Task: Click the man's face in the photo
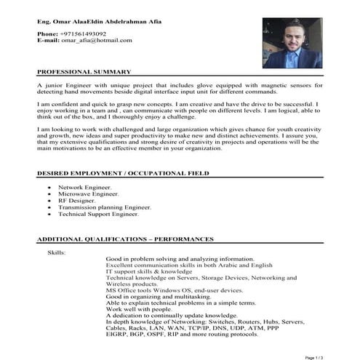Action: [x=293, y=37]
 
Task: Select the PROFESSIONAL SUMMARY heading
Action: [x=84, y=72]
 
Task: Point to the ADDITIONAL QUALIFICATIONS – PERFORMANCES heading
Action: [x=125, y=239]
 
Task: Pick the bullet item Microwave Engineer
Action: [x=89, y=195]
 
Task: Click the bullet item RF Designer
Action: [x=79, y=201]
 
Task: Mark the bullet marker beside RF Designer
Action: [x=49, y=202]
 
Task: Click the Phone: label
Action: [x=47, y=34]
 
